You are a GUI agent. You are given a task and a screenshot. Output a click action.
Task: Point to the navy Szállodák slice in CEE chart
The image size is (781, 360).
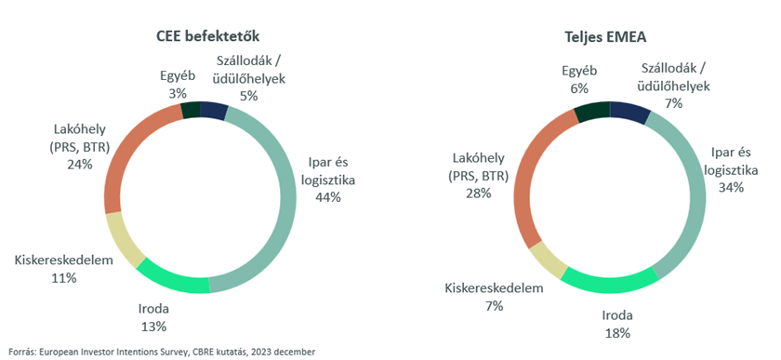(x=213, y=111)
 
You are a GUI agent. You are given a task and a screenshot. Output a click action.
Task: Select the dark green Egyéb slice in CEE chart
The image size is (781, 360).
(x=191, y=111)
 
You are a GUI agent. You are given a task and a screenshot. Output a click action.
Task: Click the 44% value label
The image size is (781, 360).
(x=328, y=197)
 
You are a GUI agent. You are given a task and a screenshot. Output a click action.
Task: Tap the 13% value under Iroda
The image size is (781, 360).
(x=154, y=326)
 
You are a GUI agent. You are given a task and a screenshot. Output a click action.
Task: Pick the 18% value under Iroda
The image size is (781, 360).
(x=616, y=332)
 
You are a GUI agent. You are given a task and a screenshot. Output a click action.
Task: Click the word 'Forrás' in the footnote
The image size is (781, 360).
(x=20, y=352)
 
